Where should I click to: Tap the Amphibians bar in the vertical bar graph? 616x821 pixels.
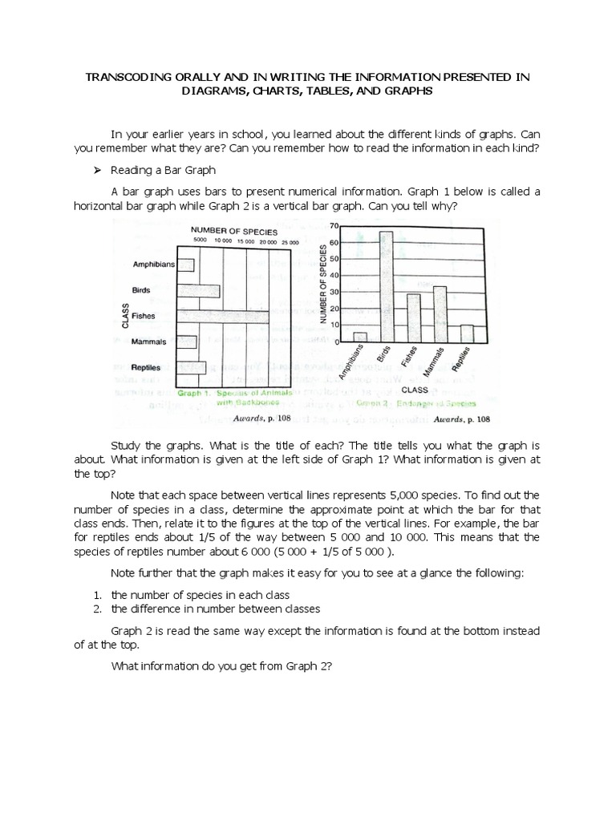(360, 337)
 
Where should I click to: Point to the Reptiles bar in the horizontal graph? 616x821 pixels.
(191, 367)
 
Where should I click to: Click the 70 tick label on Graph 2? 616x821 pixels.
(334, 227)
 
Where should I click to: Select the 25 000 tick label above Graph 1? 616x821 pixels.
(290, 241)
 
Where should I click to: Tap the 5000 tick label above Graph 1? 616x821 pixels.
(201, 241)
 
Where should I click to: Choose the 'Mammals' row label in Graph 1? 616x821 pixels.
(150, 342)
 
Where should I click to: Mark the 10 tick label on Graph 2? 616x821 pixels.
(336, 325)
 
